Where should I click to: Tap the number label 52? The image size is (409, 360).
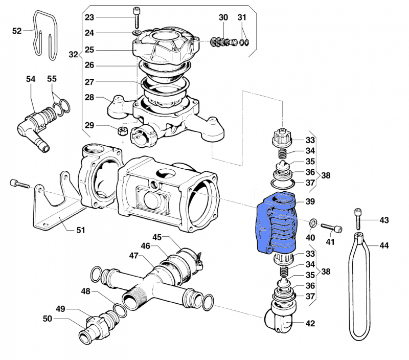17,31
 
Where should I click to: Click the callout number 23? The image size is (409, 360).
89,17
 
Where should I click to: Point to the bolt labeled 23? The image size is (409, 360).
137,18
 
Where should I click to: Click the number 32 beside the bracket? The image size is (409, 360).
73,54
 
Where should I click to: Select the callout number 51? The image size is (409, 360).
80,230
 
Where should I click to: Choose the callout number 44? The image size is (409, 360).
384,246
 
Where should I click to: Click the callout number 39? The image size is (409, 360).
309,202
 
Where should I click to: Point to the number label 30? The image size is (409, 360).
223,17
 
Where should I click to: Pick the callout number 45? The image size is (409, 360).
157,237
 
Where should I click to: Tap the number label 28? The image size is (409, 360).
89,97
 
